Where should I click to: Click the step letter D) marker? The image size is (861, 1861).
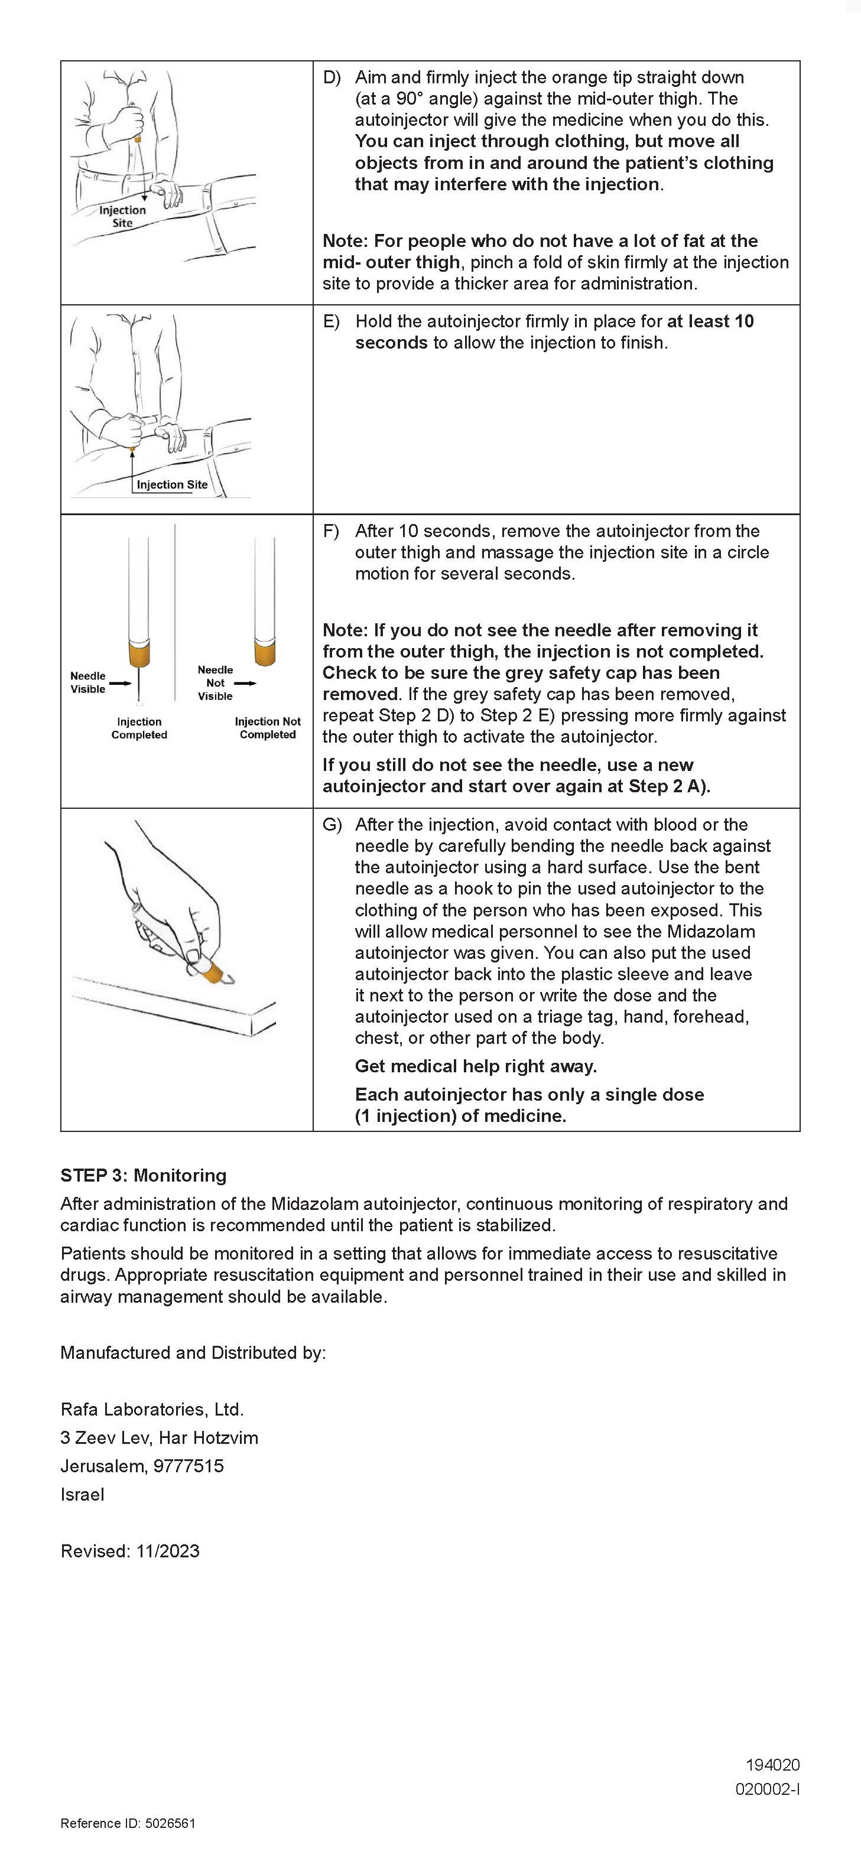332,77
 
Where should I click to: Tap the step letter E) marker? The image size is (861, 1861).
332,321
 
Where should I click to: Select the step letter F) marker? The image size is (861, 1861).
331,531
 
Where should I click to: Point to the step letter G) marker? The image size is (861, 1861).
332,825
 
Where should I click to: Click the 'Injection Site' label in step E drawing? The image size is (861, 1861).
172,485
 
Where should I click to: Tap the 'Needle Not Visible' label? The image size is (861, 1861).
215,683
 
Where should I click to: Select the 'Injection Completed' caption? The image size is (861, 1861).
139,728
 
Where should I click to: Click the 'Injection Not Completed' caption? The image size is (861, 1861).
268,728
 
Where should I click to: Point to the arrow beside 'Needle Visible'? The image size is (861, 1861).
120,683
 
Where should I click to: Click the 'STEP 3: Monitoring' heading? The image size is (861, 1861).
143,1176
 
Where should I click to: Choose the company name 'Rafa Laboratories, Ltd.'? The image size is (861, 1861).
152,1410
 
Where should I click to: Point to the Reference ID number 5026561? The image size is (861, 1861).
170,1823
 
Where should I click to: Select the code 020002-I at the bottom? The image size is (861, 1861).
767,1789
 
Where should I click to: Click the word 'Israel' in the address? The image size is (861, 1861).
82,1494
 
